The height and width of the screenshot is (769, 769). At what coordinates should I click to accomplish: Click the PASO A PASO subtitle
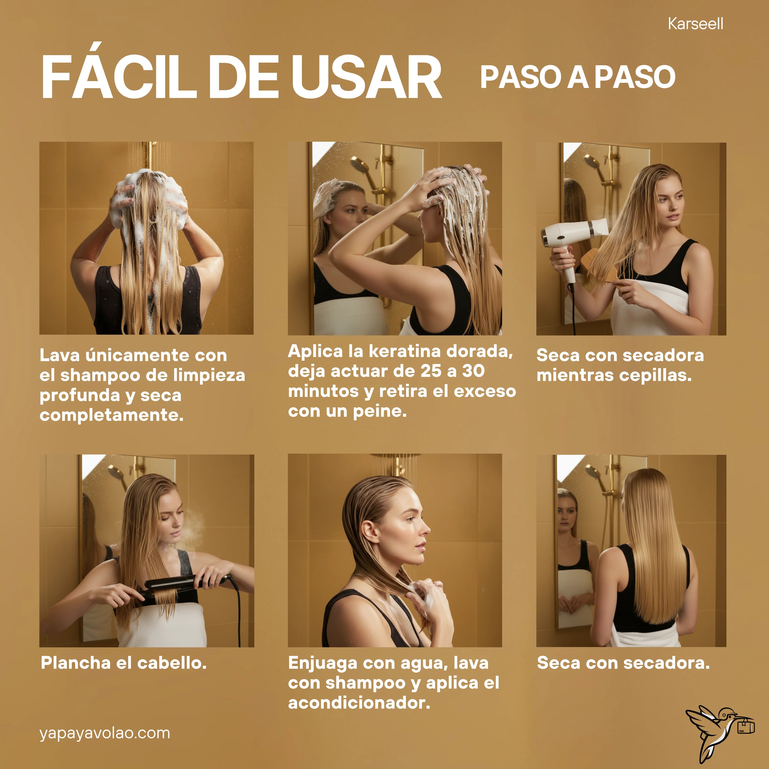(578, 77)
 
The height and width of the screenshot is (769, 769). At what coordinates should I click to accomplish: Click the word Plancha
(76, 663)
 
